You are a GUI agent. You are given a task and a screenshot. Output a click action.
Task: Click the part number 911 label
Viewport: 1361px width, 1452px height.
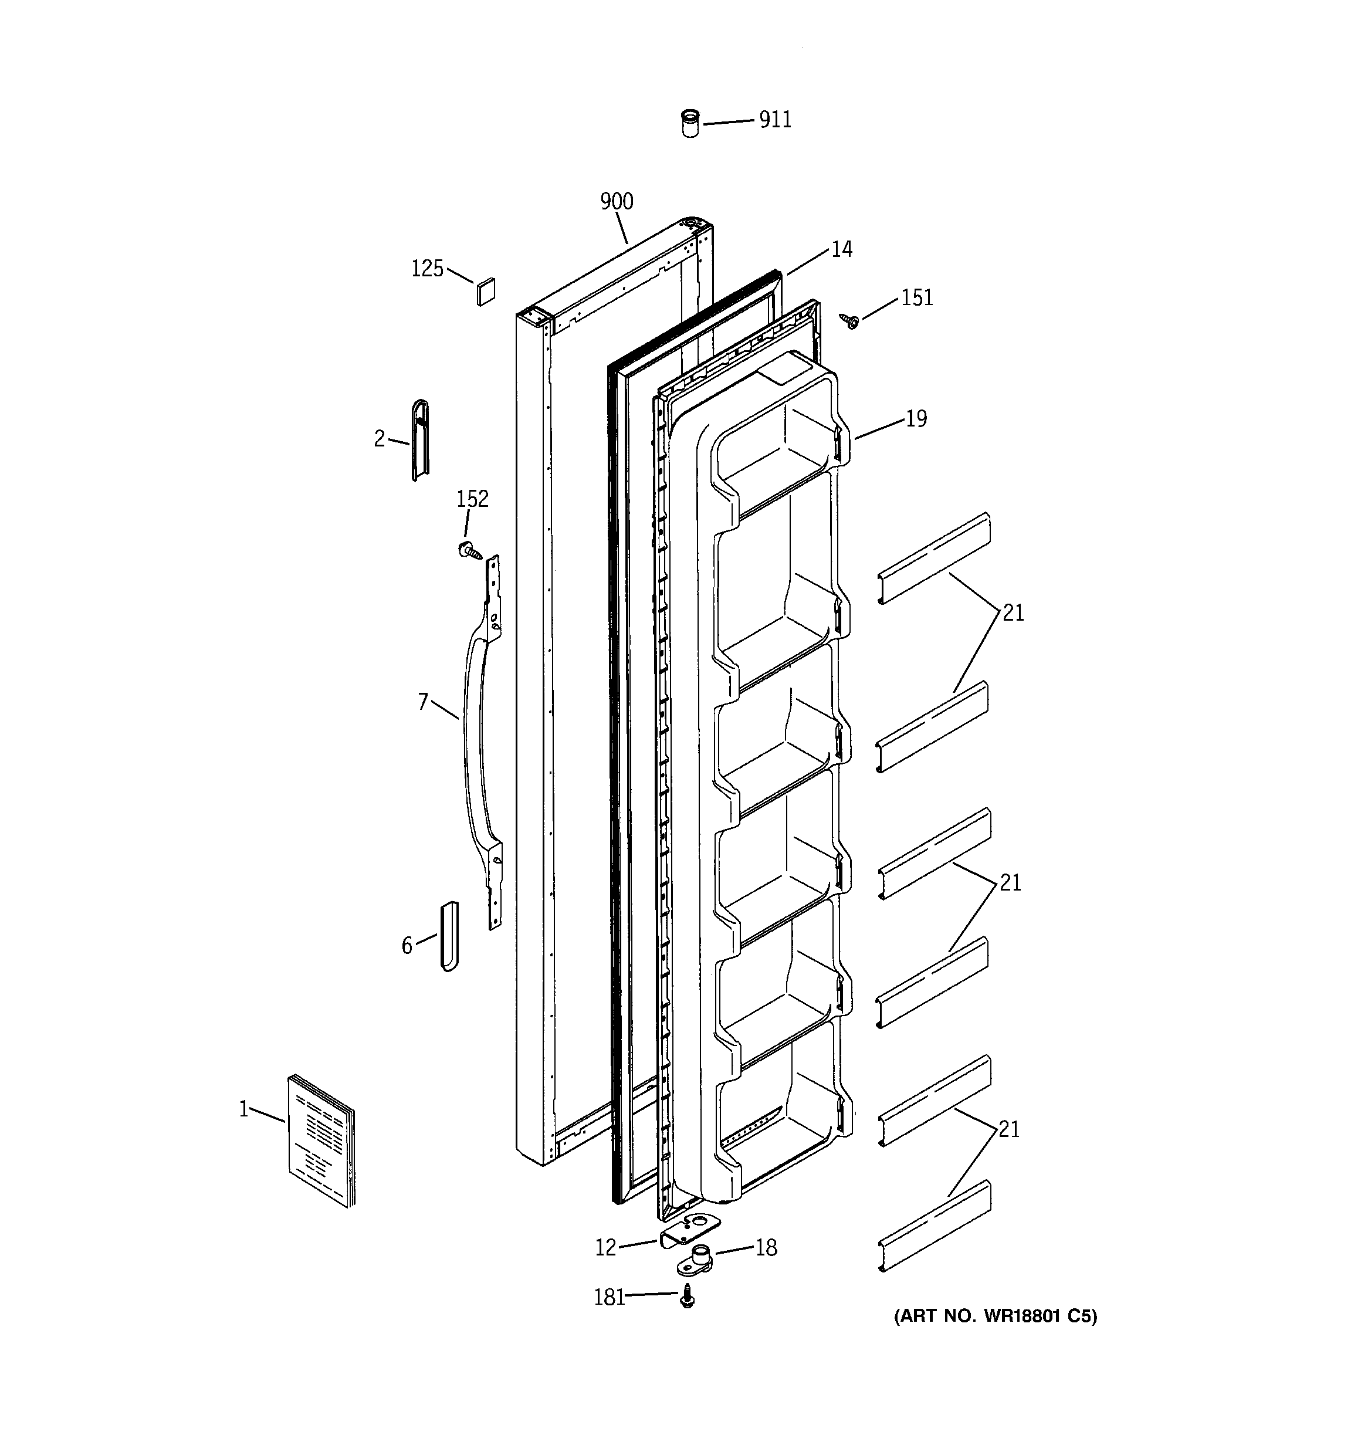[x=774, y=119]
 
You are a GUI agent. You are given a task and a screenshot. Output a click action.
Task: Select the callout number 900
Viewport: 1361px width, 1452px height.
[x=617, y=202]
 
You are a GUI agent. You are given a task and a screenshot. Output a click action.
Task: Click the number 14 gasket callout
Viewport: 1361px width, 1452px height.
[x=842, y=250]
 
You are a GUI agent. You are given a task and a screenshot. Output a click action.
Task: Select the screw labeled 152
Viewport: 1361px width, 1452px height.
[x=468, y=551]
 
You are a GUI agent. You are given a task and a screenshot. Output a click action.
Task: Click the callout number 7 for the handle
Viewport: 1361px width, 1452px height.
[x=422, y=703]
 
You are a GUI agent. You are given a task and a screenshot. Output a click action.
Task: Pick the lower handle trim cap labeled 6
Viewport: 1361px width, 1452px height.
[x=449, y=936]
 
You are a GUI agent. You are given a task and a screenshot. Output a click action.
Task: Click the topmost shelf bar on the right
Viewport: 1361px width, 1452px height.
[x=933, y=559]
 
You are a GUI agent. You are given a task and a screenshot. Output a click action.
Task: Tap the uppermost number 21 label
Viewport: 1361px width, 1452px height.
[x=1013, y=614]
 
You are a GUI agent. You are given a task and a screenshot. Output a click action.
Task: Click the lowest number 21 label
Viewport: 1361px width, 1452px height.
[x=1008, y=1130]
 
